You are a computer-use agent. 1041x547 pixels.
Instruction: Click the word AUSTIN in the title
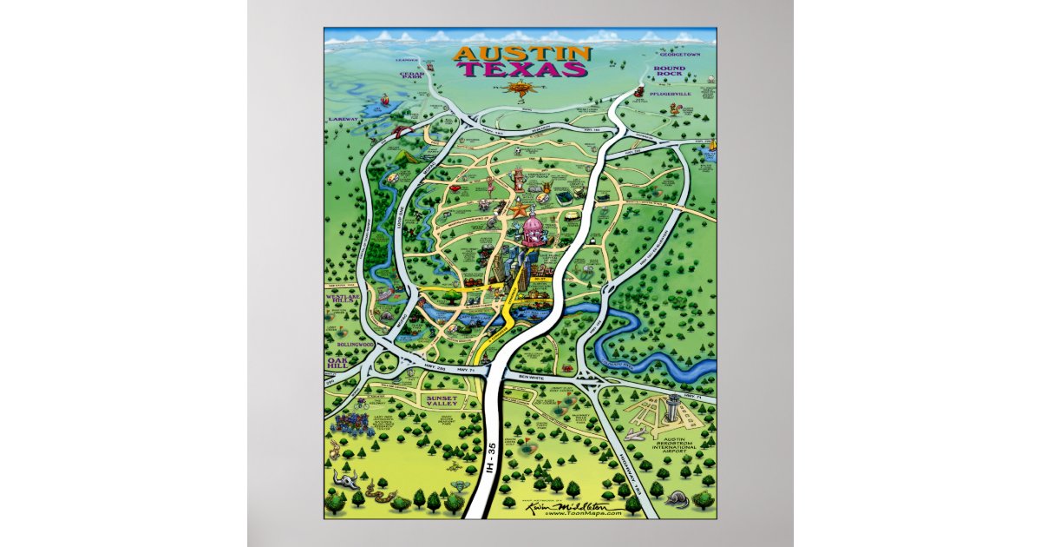[x=522, y=54]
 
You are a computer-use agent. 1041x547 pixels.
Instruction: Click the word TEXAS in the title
[x=522, y=69]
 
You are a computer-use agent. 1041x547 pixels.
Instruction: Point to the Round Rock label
[x=671, y=71]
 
